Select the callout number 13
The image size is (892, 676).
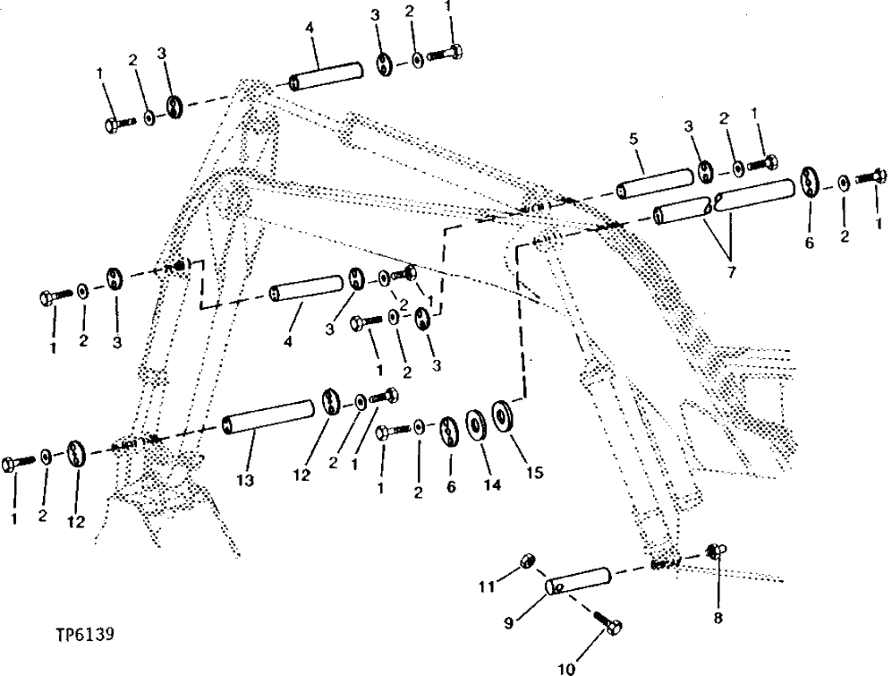tap(245, 481)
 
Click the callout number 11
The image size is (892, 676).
tap(487, 586)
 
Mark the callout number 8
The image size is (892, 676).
tap(718, 617)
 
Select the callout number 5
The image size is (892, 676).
tap(634, 141)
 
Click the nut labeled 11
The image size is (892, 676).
tap(528, 561)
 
